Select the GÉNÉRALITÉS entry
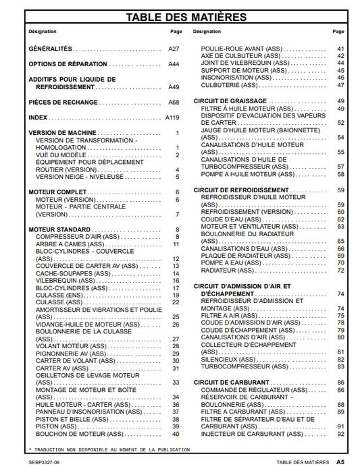(50, 49)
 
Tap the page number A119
(172, 117)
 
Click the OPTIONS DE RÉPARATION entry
(68, 64)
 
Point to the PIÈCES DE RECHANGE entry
(63, 103)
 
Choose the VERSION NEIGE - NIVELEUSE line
(80, 177)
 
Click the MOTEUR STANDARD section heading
(60, 229)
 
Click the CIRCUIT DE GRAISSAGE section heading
(230, 101)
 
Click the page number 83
(340, 367)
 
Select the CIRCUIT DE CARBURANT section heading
(232, 383)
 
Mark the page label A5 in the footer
(340, 463)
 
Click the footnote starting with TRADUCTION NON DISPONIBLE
(107, 448)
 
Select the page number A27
(174, 49)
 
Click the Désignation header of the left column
(42, 32)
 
